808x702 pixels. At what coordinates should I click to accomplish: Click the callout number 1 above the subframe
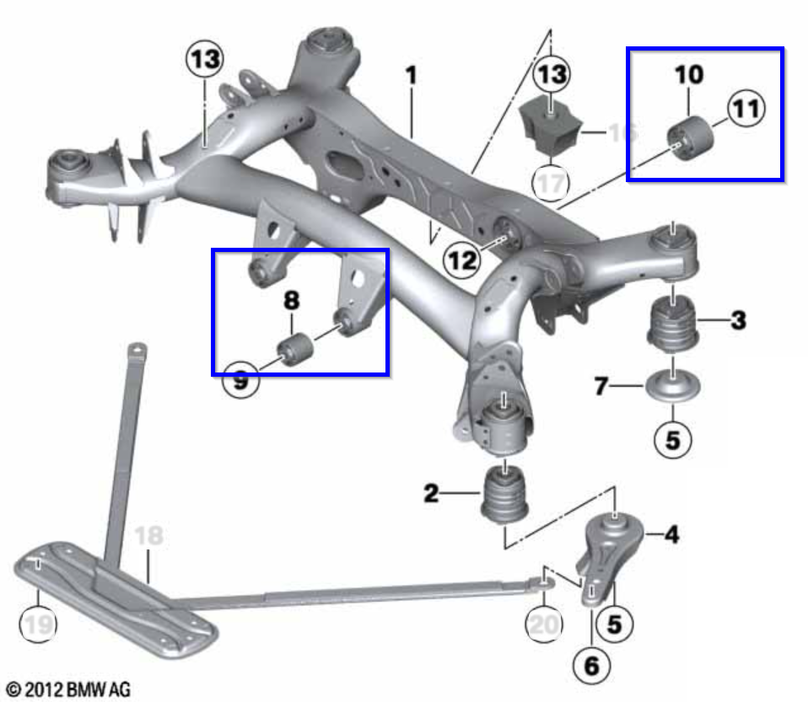coord(411,76)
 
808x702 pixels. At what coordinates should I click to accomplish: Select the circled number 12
coord(462,261)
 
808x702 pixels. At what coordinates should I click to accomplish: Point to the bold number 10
coord(688,74)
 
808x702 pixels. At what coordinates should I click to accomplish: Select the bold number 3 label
coord(738,320)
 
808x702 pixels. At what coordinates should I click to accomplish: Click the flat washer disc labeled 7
coord(672,389)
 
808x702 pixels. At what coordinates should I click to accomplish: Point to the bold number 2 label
coord(431,494)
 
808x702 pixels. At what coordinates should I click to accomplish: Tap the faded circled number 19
coord(36,625)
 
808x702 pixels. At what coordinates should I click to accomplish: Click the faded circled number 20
coord(543,625)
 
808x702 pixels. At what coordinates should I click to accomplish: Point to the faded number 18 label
coord(148,536)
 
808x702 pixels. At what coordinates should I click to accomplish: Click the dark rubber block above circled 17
coord(549,126)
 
